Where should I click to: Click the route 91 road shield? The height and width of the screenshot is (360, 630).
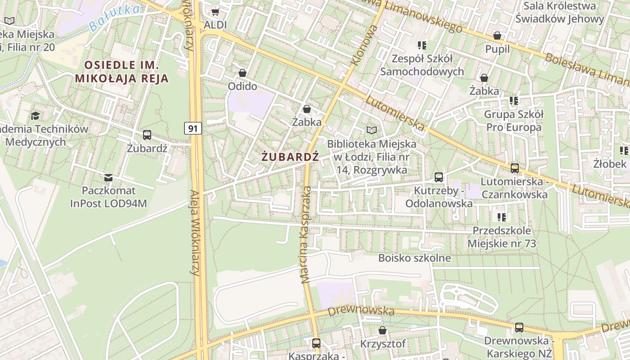coord(193,129)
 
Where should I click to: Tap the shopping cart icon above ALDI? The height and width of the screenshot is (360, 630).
coord(216,12)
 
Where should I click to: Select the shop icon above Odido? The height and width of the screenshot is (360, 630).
coord(243,73)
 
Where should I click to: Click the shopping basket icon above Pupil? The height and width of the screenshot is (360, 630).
coord(497,36)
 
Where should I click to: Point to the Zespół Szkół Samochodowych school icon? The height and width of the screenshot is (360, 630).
coord(422,45)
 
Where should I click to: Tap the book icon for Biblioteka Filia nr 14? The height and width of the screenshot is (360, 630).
coord(371,130)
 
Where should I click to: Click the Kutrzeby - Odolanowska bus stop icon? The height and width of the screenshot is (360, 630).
coord(439,177)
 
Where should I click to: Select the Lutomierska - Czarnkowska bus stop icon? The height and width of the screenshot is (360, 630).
coord(514,168)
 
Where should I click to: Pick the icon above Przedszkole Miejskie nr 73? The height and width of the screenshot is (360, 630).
coord(502,217)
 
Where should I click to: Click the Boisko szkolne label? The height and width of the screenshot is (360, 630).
coord(414,258)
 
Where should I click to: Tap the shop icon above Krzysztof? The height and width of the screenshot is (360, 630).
coord(382,331)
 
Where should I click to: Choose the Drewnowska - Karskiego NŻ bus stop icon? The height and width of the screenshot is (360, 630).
coord(519,328)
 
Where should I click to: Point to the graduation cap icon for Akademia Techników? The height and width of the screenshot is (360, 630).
coord(35,116)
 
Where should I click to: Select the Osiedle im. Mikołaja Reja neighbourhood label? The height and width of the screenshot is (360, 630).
coord(121,72)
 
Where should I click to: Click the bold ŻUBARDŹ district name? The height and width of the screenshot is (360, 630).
coord(290,157)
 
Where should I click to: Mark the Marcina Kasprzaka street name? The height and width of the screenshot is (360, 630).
coord(306,234)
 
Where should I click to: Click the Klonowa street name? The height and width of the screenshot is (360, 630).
coord(365,45)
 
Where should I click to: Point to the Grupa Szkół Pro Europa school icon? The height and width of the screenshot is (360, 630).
coord(513,101)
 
